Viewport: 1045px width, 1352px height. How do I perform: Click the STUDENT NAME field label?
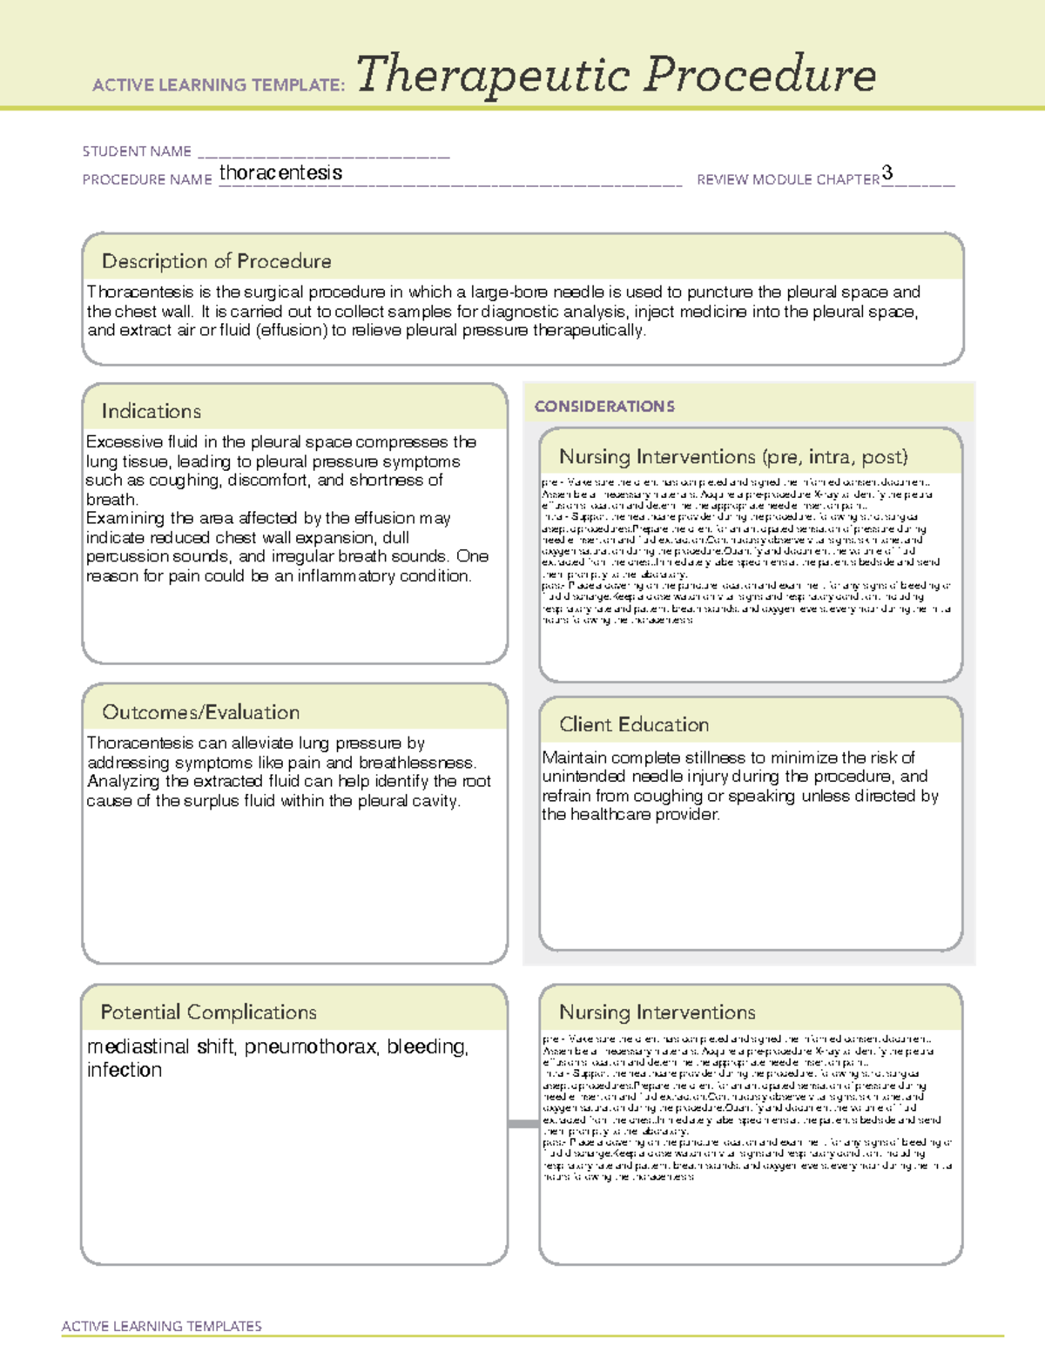point(137,151)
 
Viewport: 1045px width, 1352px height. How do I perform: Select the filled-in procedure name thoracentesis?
point(280,172)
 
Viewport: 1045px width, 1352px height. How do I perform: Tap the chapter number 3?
point(887,172)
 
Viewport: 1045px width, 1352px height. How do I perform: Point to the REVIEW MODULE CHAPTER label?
point(787,179)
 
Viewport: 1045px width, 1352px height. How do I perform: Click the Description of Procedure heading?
point(216,261)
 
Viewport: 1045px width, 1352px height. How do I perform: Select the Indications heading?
point(151,411)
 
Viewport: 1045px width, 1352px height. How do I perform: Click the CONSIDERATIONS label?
point(604,407)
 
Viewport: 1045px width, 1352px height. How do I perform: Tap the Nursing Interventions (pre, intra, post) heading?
point(733,457)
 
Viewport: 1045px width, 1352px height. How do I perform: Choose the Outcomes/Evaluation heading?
point(200,712)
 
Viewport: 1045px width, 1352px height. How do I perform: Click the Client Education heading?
point(633,724)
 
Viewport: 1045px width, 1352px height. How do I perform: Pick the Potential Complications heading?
point(208,1012)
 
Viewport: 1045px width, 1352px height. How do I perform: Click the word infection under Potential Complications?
point(124,1070)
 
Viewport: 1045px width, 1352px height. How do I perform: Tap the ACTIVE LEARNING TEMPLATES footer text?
point(161,1326)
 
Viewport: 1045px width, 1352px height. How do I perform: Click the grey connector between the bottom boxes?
point(522,1124)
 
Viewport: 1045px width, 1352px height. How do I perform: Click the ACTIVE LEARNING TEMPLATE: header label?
point(219,85)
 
